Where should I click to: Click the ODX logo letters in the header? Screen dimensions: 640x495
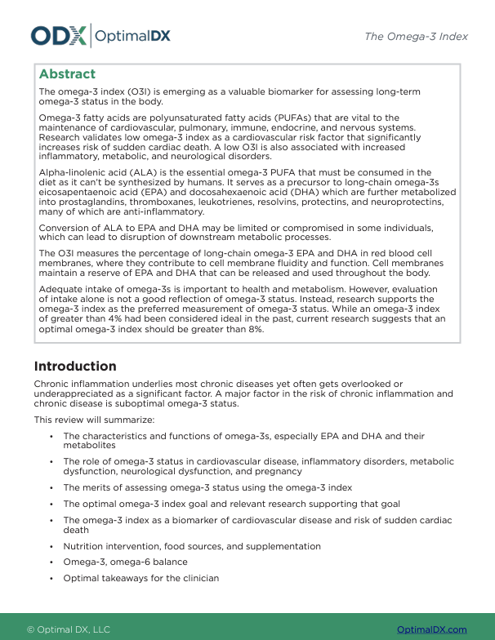(x=58, y=35)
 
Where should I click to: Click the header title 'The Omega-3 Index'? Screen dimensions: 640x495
(x=416, y=37)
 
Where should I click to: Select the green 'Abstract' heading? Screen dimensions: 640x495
(x=67, y=74)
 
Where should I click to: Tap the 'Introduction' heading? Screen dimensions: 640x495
(x=75, y=367)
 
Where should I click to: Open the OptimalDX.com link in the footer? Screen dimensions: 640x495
(x=431, y=629)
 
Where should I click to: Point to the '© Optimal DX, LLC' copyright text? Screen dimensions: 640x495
(x=69, y=629)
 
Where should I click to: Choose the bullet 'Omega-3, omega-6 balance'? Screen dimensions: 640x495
(x=124, y=562)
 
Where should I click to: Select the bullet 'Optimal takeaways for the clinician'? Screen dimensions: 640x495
(x=140, y=579)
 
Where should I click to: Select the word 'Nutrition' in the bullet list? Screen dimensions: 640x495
(x=84, y=546)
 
